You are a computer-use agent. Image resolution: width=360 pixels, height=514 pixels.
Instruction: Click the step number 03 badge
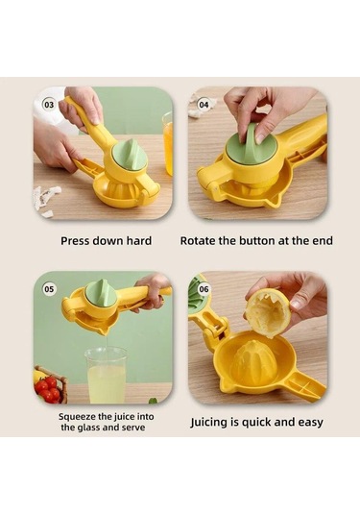click(x=49, y=105)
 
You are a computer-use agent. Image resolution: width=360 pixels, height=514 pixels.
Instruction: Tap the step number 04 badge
click(x=204, y=105)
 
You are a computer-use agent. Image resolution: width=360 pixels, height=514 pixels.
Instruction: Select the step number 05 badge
click(x=49, y=289)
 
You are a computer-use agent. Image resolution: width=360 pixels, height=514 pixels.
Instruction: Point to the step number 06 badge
click(x=204, y=289)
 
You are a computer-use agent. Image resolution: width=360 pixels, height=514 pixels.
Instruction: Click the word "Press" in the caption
click(x=75, y=241)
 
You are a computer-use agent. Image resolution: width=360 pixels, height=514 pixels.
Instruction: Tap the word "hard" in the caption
click(x=139, y=241)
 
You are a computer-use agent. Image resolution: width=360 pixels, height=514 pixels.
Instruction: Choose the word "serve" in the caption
click(x=133, y=428)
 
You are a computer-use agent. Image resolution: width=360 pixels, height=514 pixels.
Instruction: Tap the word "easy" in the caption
click(x=310, y=422)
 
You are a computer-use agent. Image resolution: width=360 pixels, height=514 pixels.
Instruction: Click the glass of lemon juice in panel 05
click(x=106, y=376)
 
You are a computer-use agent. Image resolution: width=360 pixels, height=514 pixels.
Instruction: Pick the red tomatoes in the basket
click(x=48, y=388)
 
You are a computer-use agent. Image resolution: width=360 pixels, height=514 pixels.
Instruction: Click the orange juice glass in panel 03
click(x=168, y=143)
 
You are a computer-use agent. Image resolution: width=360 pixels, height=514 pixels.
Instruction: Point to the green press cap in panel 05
click(x=102, y=291)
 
